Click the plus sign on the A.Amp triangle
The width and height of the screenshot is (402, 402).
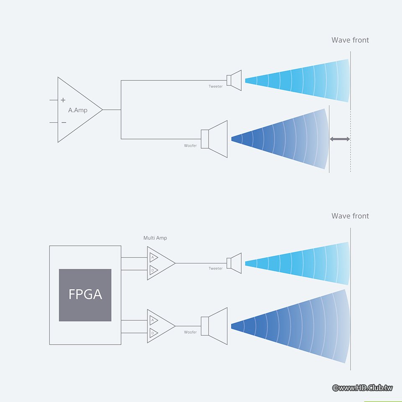coord(63,100)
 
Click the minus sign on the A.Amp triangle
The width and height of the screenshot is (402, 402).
coord(63,122)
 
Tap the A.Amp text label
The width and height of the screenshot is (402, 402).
coord(78,110)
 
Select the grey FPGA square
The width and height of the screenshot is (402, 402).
coord(85,295)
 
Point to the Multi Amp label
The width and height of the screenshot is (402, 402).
coord(155,238)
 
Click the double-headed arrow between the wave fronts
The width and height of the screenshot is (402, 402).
coord(340,139)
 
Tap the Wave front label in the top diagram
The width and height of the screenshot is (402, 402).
coord(350,40)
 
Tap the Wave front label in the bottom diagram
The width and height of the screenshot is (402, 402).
coord(350,216)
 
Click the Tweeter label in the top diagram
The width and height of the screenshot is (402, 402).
coord(216,87)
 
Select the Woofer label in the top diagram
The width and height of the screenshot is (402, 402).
coord(191,146)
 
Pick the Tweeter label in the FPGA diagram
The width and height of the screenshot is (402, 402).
coord(216,268)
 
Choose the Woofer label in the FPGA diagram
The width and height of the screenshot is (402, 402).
coord(191,332)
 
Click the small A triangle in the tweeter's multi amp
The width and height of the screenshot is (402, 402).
coord(153,257)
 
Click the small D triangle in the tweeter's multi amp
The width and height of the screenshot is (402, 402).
coord(153,269)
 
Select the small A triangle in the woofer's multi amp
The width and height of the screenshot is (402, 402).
coord(153,320)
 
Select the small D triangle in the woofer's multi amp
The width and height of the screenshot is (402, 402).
coord(153,333)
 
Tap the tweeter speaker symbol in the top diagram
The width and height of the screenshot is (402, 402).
coord(234,80)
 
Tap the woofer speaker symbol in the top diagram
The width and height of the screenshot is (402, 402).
coord(214,139)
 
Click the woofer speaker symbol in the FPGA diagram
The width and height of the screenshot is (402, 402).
coord(214,326)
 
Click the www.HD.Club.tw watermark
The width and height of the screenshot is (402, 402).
coord(363,388)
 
